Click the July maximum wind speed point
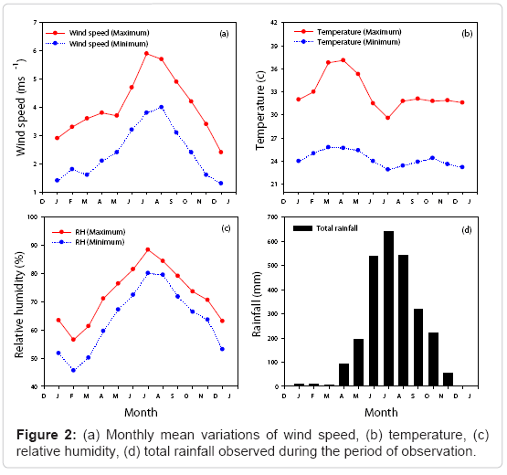(x=146, y=53)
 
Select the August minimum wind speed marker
(x=162, y=107)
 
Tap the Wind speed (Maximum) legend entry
(x=98, y=33)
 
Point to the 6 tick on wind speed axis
(x=35, y=51)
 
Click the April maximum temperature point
(x=343, y=60)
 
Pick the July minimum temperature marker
(x=387, y=169)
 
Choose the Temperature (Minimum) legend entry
(x=347, y=42)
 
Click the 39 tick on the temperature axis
(x=274, y=46)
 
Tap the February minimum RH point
(x=73, y=370)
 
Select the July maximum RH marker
(x=148, y=249)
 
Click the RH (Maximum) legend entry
(x=89, y=232)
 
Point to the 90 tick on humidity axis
(x=35, y=245)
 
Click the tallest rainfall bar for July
(x=388, y=309)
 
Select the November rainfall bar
(x=448, y=379)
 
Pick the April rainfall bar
(x=343, y=375)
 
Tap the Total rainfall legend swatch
(x=302, y=228)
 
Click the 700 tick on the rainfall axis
(x=273, y=217)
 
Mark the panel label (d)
(x=467, y=230)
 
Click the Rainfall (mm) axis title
(x=257, y=304)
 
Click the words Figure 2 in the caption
(x=46, y=435)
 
